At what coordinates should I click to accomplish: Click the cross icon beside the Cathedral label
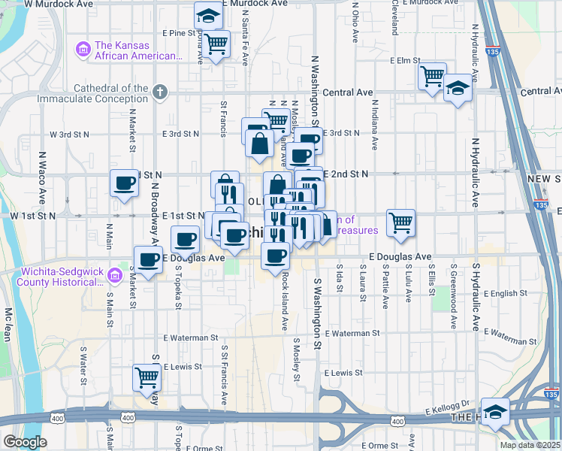159,92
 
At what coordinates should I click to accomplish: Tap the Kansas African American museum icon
83,50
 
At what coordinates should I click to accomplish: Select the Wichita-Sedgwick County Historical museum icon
114,276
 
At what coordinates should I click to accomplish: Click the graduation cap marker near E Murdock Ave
207,15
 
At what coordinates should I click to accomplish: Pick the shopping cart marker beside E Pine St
216,44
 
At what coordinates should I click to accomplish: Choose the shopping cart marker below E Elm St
433,76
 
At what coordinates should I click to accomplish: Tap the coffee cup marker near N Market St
125,183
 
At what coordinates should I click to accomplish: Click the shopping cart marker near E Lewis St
146,377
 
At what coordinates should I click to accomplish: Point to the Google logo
25,442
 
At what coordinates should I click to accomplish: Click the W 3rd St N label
69,134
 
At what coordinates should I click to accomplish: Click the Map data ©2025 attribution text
529,445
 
